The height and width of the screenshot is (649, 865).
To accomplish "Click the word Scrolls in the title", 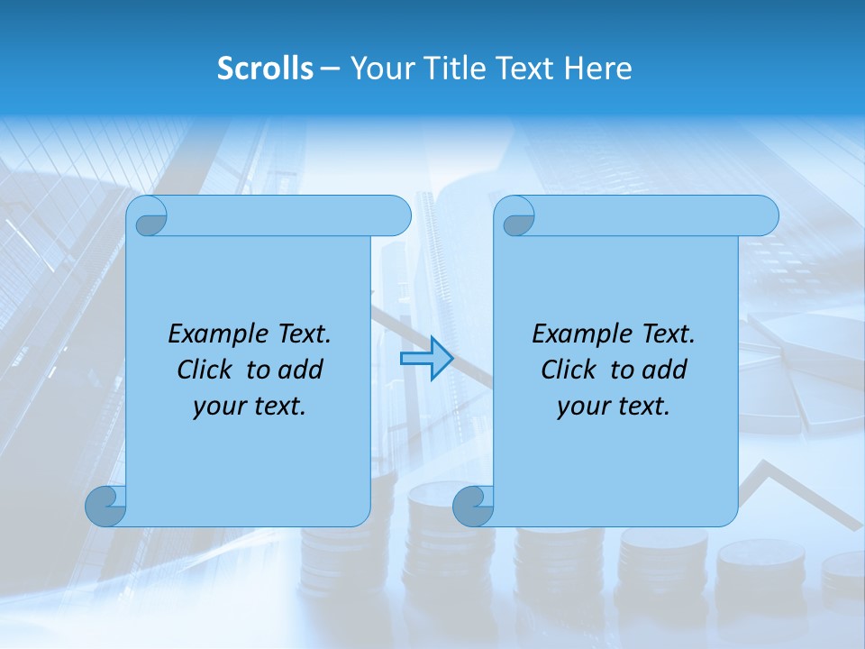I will pos(265,69).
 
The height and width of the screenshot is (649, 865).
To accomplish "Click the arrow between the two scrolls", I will pos(426,359).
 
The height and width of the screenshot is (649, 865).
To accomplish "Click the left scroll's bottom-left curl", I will pos(106,506).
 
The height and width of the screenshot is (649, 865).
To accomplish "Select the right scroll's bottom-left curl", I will pos(474,506).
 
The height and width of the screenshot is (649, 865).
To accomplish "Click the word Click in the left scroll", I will pos(205,370).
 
